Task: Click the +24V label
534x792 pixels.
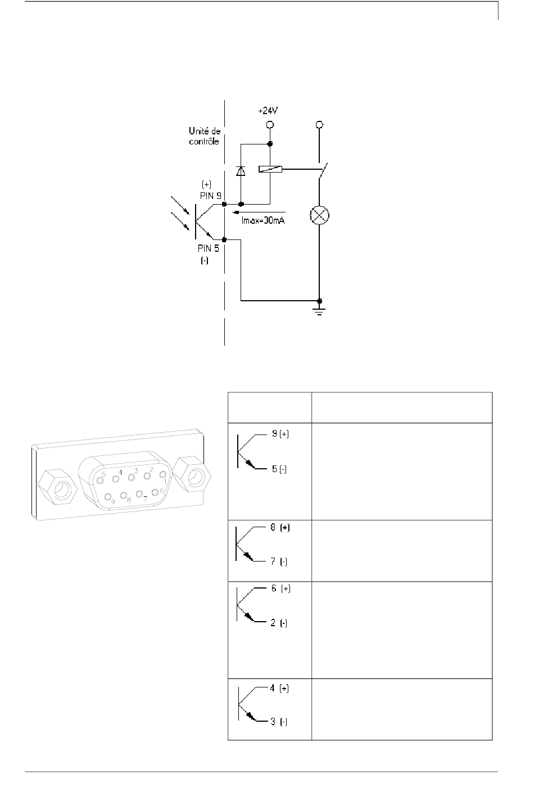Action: [268, 111]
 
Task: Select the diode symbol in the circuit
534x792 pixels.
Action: [241, 171]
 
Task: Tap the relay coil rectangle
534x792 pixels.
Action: [270, 169]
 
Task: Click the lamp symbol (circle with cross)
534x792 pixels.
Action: [319, 215]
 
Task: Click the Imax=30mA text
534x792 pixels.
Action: [263, 221]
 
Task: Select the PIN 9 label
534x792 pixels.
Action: [211, 196]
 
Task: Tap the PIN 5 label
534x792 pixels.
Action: [209, 248]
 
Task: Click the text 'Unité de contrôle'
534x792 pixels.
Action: [205, 136]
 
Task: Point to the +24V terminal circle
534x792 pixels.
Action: [270, 124]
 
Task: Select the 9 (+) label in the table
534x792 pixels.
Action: [280, 434]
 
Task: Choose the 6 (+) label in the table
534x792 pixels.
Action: [281, 589]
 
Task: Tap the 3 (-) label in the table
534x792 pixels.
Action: [279, 721]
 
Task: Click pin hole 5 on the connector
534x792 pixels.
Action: [101, 480]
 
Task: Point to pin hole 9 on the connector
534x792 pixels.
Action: [107, 497]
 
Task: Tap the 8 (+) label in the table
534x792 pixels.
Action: [280, 527]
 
